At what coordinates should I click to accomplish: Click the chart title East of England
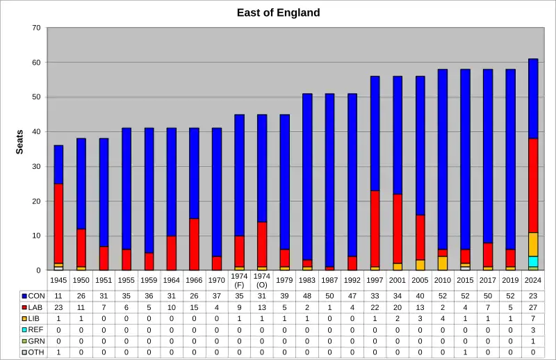pyautogui.click(x=278, y=13)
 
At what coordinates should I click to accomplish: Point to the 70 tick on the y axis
pyautogui.click(x=36, y=28)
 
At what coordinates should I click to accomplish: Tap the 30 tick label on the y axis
pyautogui.click(x=36, y=167)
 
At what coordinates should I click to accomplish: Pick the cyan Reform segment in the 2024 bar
pyautogui.click(x=533, y=261)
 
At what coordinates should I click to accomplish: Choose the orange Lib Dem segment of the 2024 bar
pyautogui.click(x=533, y=244)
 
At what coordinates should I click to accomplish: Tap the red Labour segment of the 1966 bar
pyautogui.click(x=194, y=244)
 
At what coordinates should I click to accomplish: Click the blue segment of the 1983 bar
pyautogui.click(x=307, y=177)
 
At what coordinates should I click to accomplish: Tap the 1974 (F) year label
pyautogui.click(x=239, y=280)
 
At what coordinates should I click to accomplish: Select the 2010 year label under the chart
pyautogui.click(x=443, y=280)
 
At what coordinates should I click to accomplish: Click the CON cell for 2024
pyautogui.click(x=533, y=295)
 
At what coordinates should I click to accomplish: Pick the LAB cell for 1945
pyautogui.click(x=58, y=307)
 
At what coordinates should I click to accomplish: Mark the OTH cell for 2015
pyautogui.click(x=465, y=352)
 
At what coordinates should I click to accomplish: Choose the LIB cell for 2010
pyautogui.click(x=443, y=318)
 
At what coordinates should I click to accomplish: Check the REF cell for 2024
pyautogui.click(x=533, y=329)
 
